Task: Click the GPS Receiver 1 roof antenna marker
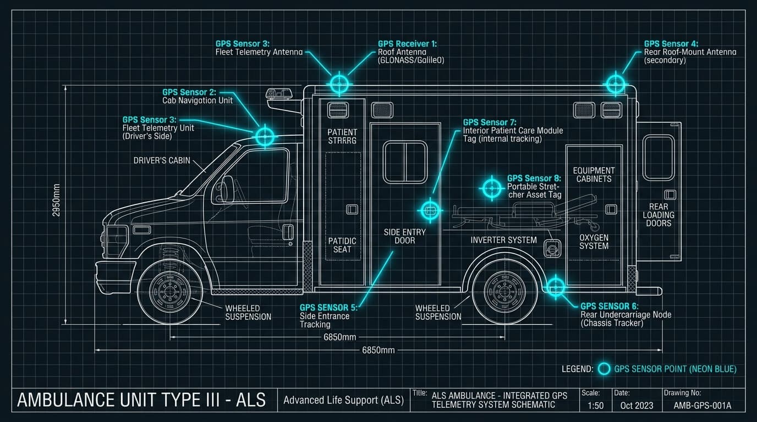point(339,84)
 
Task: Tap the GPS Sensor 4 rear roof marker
point(615,84)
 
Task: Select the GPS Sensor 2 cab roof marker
point(265,135)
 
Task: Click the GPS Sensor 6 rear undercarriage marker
point(556,286)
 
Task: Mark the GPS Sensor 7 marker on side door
point(430,210)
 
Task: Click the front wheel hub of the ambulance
point(171,292)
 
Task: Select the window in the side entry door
point(405,162)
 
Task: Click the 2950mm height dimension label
point(57,200)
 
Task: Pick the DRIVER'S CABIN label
point(162,160)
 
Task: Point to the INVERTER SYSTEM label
point(503,240)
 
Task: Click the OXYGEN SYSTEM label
point(594,242)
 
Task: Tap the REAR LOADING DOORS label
point(659,215)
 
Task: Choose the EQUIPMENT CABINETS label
point(594,175)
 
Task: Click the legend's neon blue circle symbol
point(604,369)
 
